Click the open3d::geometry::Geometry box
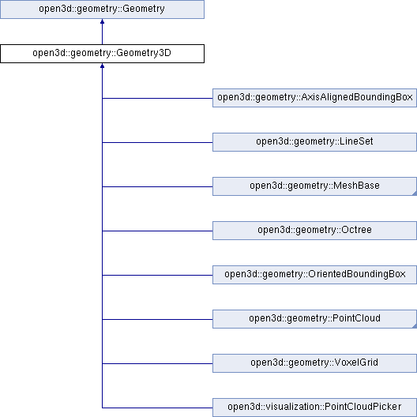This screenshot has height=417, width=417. tap(102, 9)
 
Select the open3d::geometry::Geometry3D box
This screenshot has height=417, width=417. tap(102, 54)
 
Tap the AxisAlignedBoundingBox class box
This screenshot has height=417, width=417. tap(314, 98)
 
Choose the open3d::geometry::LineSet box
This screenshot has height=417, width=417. tap(314, 142)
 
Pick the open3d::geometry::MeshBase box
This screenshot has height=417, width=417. tap(314, 186)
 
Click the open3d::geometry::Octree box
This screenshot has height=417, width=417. tap(314, 231)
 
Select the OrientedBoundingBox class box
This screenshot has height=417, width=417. tap(314, 275)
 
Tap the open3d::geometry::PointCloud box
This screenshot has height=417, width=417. tap(314, 319)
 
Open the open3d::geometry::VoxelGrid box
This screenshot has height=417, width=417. tap(314, 363)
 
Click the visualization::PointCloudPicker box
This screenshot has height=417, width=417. tap(314, 408)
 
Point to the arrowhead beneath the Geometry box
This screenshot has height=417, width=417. tap(102, 21)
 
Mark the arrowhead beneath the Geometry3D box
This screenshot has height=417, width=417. tap(102, 66)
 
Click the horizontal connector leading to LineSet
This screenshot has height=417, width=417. tap(157, 142)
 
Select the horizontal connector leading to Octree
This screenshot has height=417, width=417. tap(157, 231)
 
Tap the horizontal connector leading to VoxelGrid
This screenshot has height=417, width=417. tap(157, 363)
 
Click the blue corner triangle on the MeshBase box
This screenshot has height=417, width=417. tap(415, 193)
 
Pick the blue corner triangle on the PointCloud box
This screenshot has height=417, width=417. tap(415, 325)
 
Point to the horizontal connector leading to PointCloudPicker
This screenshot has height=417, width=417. tap(157, 408)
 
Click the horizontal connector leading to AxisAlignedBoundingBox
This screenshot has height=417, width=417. tap(157, 98)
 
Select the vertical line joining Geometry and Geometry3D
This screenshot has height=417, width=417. tap(102, 34)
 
